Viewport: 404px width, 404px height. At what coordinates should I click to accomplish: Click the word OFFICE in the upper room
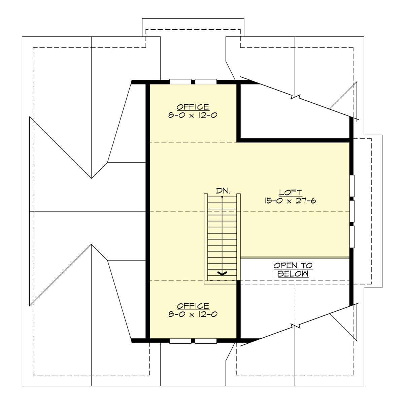(193, 107)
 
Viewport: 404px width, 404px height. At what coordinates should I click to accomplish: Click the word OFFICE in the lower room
(193, 306)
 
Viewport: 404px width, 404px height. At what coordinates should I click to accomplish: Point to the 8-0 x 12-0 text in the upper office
(193, 115)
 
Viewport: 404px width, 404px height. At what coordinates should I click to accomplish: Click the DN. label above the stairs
(223, 191)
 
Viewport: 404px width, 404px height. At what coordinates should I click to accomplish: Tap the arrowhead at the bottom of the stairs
(222, 273)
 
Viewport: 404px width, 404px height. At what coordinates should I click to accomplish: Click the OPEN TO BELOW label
(293, 269)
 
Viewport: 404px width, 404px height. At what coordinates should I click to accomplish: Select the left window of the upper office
(180, 81)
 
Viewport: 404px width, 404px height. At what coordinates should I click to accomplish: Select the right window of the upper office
(206, 81)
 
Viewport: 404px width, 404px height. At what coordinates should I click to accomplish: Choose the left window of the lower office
(180, 341)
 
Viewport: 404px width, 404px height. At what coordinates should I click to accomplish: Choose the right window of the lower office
(206, 341)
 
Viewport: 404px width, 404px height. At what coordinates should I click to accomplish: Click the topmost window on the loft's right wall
(352, 186)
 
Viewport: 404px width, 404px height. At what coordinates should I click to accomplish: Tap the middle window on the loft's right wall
(352, 211)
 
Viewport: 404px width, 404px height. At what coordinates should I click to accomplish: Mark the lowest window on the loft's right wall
(352, 237)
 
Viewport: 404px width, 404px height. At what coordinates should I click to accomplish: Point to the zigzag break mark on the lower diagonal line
(295, 326)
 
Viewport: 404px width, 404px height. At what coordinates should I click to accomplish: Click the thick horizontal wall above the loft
(295, 139)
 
